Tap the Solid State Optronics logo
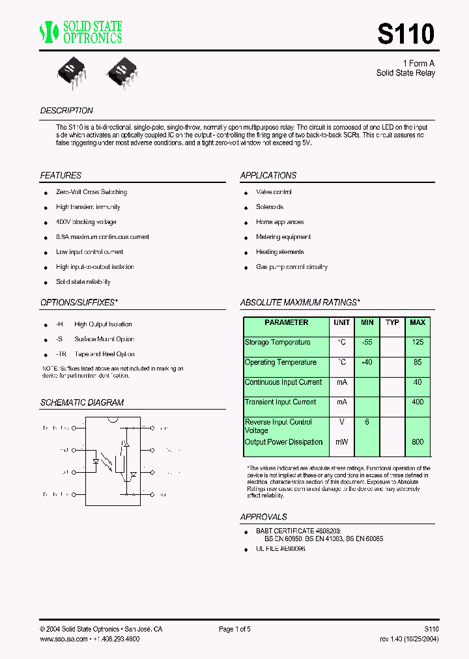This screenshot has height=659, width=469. pyautogui.click(x=81, y=31)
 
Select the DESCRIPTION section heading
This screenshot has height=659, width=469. pyautogui.click(x=66, y=111)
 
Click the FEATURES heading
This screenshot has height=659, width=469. pyautogui.click(x=61, y=176)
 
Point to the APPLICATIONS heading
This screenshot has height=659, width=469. pyautogui.click(x=268, y=176)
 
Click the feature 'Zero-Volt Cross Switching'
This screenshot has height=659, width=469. pyautogui.click(x=91, y=192)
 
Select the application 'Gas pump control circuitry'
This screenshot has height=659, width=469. pyautogui.click(x=291, y=267)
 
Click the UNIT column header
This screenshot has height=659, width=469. pyautogui.click(x=341, y=322)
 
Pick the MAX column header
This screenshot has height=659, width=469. pyautogui.click(x=417, y=322)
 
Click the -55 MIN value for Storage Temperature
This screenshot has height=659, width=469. pyautogui.click(x=367, y=343)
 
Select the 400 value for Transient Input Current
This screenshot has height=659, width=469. pyautogui.click(x=417, y=402)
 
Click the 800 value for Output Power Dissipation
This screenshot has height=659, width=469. pyautogui.click(x=417, y=442)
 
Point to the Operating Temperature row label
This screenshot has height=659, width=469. pyautogui.click(x=280, y=362)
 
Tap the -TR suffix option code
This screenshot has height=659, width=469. pyautogui.click(x=60, y=354)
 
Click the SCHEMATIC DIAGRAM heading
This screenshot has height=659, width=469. pyautogui.click(x=81, y=402)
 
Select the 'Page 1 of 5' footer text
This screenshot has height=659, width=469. pyautogui.click(x=234, y=629)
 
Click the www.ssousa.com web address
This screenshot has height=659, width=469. pyautogui.click(x=63, y=639)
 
